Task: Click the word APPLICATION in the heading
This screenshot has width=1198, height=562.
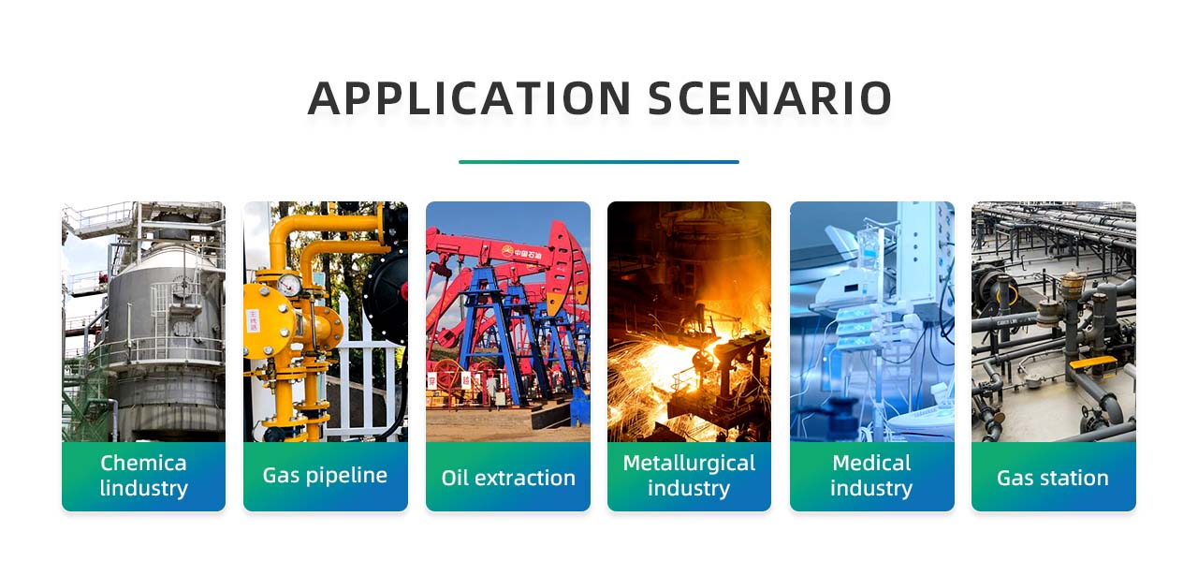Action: point(469,98)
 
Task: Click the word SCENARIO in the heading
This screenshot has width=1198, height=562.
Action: point(769,98)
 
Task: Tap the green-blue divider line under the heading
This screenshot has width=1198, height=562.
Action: point(598,162)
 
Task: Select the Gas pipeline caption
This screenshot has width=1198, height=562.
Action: point(325,475)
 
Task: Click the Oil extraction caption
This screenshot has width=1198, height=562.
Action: point(508,478)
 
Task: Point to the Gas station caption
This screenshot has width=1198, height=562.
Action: point(1053,478)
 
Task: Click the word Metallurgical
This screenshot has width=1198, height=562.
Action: point(689,464)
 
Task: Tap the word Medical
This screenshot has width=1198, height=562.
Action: point(871,463)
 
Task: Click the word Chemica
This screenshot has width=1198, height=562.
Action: point(143,463)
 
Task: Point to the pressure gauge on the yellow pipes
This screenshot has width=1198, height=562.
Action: point(289,285)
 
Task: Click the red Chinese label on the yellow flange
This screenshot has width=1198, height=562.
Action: point(253,320)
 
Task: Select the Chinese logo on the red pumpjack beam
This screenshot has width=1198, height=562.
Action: point(521,252)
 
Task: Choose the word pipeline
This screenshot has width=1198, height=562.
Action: point(346,476)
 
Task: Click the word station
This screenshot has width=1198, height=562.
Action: point(1074,478)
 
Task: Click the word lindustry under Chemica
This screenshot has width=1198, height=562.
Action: point(143,489)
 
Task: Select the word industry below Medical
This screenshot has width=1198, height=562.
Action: point(871,489)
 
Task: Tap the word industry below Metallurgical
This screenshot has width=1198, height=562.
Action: point(689,489)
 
